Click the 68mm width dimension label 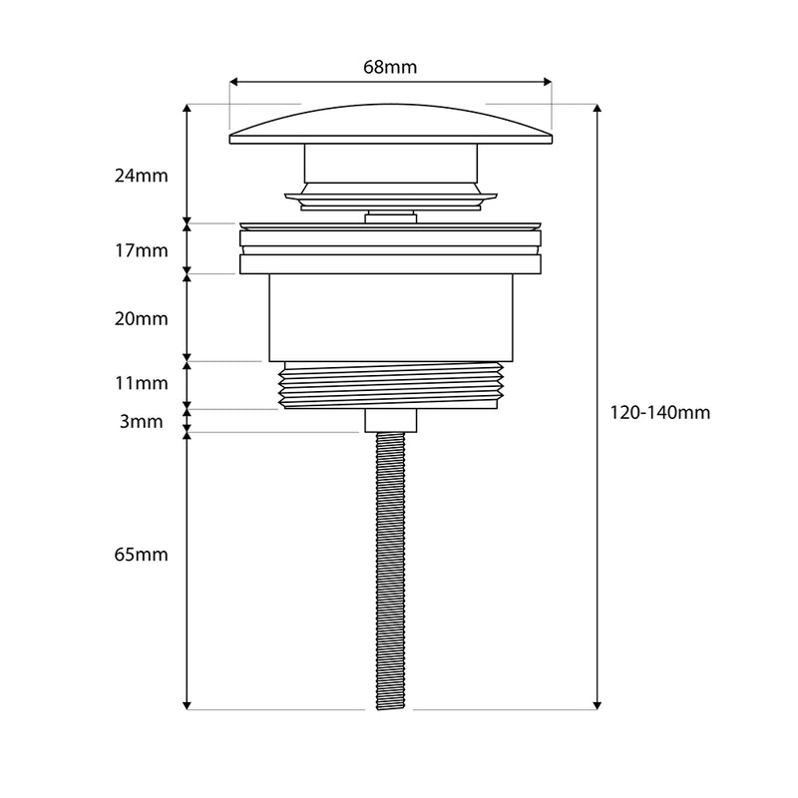(390, 68)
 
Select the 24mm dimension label (141, 176)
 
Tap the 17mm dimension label (141, 250)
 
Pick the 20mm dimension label (141, 319)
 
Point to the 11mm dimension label (141, 383)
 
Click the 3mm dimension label (141, 422)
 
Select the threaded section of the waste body (390, 385)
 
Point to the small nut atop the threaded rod (390, 420)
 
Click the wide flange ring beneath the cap (390, 264)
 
